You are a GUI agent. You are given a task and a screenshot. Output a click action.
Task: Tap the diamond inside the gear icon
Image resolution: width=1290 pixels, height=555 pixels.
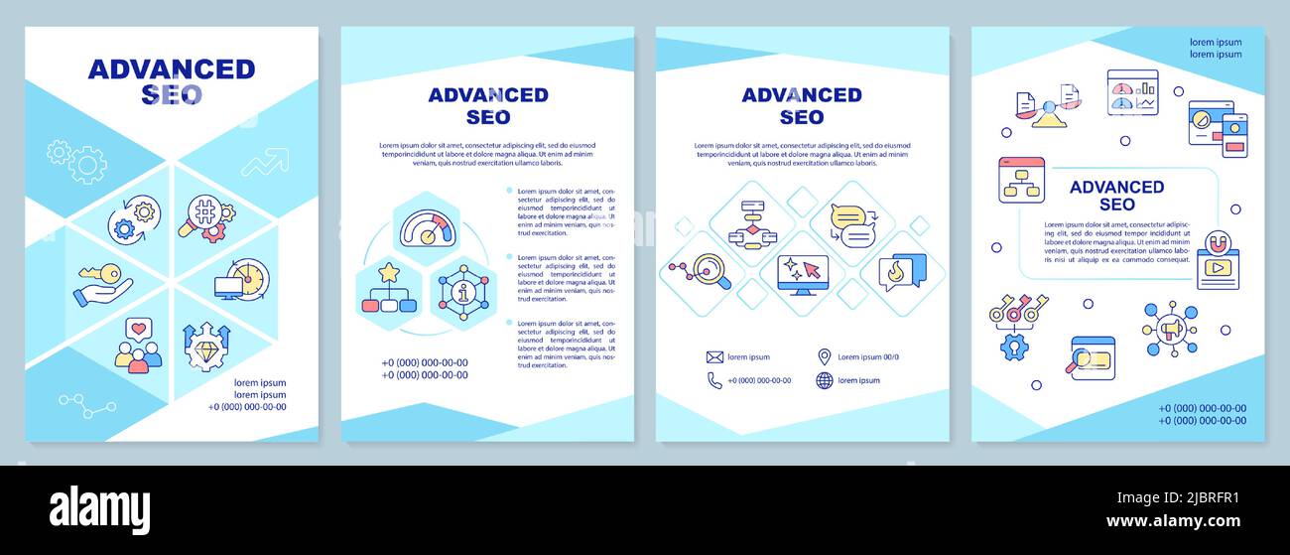pyautogui.click(x=206, y=350)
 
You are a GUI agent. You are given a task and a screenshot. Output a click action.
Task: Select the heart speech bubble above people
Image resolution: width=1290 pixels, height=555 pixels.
pyautogui.click(x=138, y=329)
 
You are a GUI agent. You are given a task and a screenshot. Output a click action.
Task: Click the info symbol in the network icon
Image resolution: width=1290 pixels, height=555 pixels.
pyautogui.click(x=464, y=293)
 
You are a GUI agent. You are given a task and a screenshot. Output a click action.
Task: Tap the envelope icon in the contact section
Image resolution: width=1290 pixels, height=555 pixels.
pyautogui.click(x=714, y=357)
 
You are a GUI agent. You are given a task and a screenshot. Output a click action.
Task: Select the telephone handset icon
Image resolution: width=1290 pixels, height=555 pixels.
pyautogui.click(x=714, y=380)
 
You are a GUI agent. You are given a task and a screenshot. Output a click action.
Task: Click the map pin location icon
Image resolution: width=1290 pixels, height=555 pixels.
pyautogui.click(x=824, y=356)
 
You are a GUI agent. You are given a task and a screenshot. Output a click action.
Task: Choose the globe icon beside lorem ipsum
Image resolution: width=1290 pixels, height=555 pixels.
pyautogui.click(x=824, y=380)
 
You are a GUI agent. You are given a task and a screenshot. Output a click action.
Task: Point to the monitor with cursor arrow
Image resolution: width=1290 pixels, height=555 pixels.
pyautogui.click(x=803, y=274)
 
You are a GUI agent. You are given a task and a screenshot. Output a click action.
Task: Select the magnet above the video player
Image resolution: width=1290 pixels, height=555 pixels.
pyautogui.click(x=1217, y=242)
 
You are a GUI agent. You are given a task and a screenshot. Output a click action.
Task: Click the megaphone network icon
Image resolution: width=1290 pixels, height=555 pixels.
pyautogui.click(x=1169, y=328)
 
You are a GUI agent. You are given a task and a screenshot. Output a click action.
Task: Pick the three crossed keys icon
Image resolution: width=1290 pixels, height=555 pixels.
pyautogui.click(x=1019, y=310)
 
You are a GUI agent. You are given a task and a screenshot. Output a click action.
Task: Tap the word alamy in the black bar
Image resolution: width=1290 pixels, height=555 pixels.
pyautogui.click(x=100, y=510)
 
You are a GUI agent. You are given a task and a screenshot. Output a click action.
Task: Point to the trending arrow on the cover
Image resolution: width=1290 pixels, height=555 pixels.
pyautogui.click(x=265, y=162)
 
